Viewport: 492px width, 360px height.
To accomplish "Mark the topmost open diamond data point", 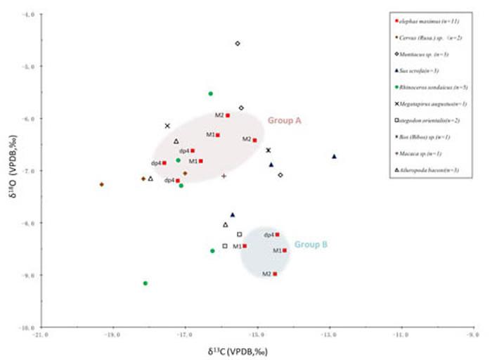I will point(238,44).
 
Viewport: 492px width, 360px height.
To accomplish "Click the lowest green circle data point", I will point(145,283).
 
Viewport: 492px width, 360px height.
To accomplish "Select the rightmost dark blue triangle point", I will point(334,156).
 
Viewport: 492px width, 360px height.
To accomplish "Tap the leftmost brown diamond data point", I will point(102,185).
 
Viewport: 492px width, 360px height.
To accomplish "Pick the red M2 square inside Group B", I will point(275,274).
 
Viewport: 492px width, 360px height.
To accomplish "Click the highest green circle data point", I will point(210,94).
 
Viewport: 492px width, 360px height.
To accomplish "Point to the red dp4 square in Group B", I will point(278,235).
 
